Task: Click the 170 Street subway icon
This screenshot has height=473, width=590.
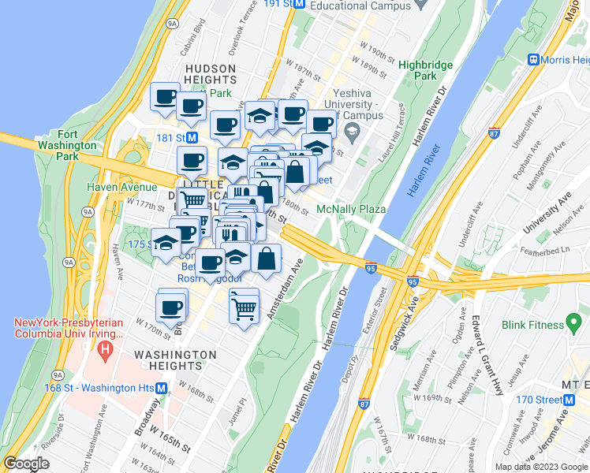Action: coord(569,400)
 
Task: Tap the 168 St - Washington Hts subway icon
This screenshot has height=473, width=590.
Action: coord(161,388)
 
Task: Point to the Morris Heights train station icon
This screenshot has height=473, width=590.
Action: coord(534,60)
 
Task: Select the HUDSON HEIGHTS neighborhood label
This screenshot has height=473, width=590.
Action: coord(211,74)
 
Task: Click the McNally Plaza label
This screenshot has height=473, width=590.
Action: coord(350,209)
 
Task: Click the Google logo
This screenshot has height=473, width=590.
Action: coord(26,464)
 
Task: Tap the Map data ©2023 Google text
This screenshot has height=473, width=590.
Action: coord(541,467)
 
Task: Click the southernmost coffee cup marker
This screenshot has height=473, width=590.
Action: coord(171,309)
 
